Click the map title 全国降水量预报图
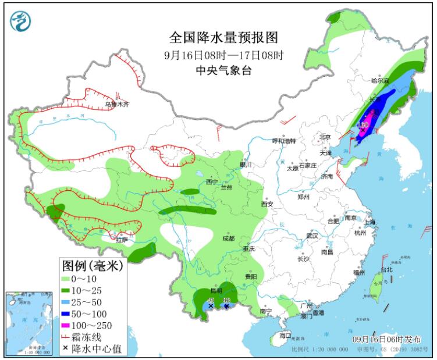[x=223, y=38]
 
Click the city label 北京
[x=324, y=137]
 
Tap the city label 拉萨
[x=121, y=239]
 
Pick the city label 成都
[x=228, y=238]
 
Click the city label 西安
[x=267, y=204]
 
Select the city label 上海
[x=370, y=222]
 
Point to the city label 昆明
[x=216, y=290]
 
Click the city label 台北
[x=386, y=270]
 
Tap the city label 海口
[x=285, y=336]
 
